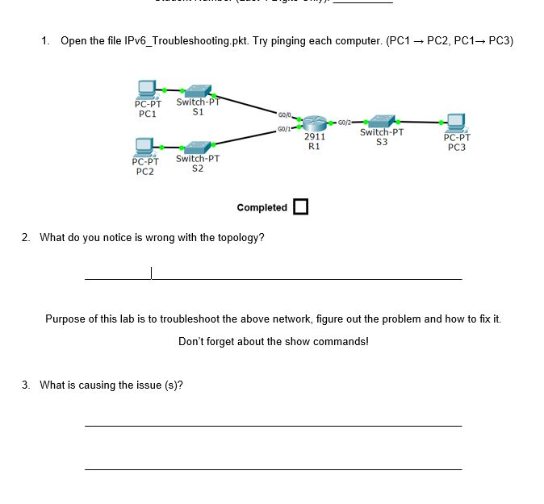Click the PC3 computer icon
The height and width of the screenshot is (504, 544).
click(x=455, y=122)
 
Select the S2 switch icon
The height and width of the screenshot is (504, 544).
click(x=197, y=147)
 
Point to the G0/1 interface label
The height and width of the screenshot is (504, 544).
click(x=283, y=129)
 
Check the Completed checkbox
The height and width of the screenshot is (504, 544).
click(x=301, y=207)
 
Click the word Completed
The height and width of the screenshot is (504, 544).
click(x=262, y=208)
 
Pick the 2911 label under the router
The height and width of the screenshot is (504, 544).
click(x=314, y=138)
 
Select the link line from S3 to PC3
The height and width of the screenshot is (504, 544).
click(x=420, y=123)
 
